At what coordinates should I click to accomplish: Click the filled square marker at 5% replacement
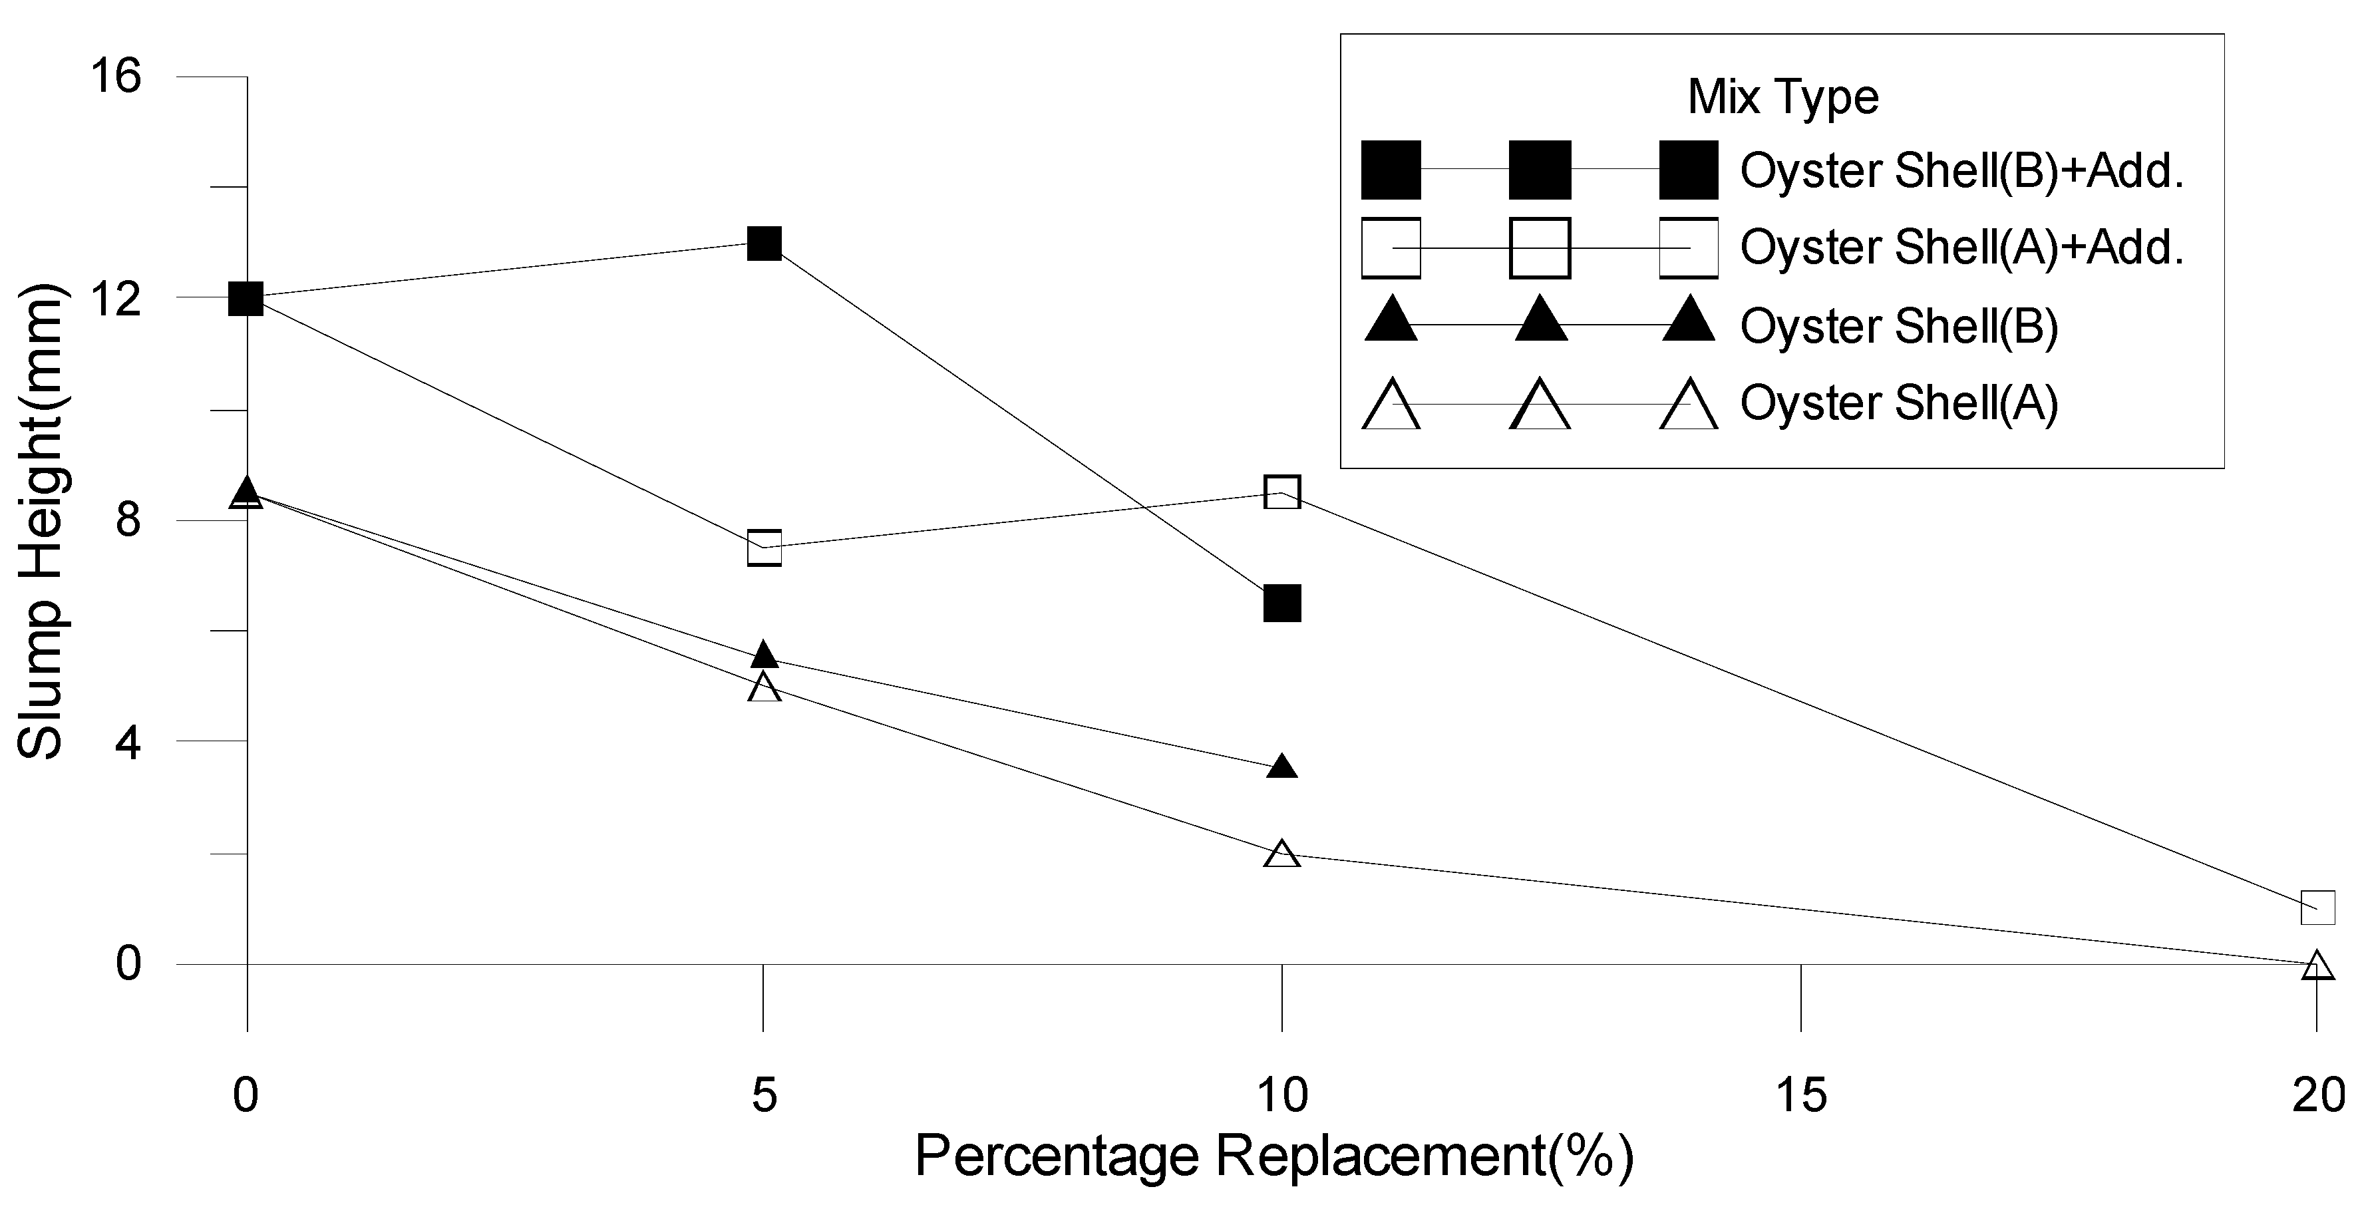click(764, 244)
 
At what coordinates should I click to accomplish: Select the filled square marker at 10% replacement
click(1282, 603)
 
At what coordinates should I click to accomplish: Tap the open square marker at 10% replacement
click(1282, 492)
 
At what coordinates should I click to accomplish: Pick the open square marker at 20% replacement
click(2317, 907)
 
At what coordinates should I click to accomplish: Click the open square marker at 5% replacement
click(764, 548)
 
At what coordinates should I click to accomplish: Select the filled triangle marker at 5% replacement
click(764, 655)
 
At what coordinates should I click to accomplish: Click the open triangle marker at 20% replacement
click(2317, 965)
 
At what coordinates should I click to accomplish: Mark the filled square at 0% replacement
click(246, 298)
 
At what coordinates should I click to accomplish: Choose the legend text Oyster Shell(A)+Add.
click(1962, 248)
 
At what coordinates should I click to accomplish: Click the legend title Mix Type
click(1783, 96)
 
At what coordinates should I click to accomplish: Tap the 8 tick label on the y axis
click(128, 520)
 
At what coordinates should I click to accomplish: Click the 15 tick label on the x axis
click(1801, 1095)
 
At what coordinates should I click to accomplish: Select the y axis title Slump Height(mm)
click(41, 523)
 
